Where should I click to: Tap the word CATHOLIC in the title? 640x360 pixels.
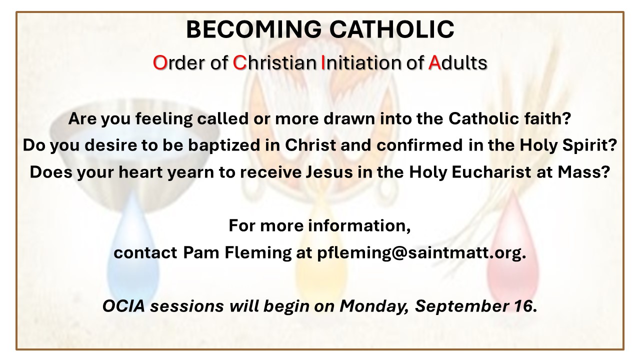click(x=391, y=29)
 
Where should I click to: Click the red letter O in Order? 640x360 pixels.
click(x=159, y=62)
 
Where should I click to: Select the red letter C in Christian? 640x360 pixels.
click(x=239, y=62)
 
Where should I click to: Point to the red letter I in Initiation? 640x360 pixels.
click(x=323, y=62)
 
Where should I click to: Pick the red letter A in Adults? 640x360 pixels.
click(x=434, y=62)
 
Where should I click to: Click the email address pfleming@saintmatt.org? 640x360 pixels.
click(x=421, y=253)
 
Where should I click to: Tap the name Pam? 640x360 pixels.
click(x=201, y=252)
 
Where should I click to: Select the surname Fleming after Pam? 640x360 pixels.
click(x=258, y=253)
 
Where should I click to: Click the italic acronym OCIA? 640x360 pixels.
click(x=123, y=306)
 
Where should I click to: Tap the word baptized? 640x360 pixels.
click(x=223, y=145)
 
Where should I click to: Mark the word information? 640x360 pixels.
click(x=359, y=225)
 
